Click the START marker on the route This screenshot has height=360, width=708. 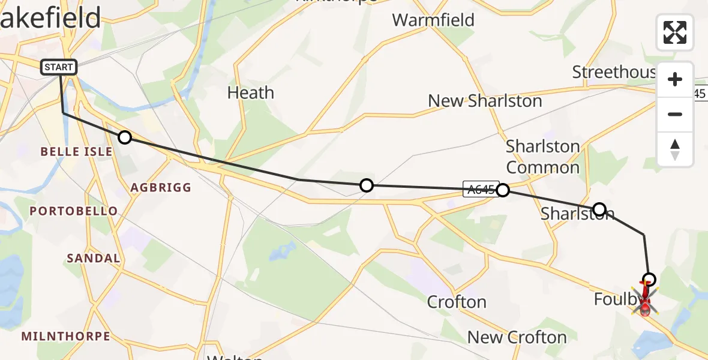pyautogui.click(x=59, y=67)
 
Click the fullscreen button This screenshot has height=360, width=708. pyautogui.click(x=675, y=32)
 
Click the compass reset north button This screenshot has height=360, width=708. pyautogui.click(x=675, y=149)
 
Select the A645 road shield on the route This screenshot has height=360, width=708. pyautogui.click(x=479, y=190)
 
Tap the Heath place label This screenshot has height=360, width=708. pyautogui.click(x=251, y=93)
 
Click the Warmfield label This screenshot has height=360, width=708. pyautogui.click(x=433, y=20)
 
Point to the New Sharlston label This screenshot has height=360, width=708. pyautogui.click(x=485, y=101)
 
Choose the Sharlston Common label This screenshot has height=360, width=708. pyautogui.click(x=542, y=157)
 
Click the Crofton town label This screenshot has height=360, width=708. pyautogui.click(x=457, y=301)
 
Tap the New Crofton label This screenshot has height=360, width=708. pyautogui.click(x=517, y=337)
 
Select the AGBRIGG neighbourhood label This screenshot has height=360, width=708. pyautogui.click(x=161, y=188)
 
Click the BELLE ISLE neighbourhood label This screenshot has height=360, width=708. pyautogui.click(x=76, y=152)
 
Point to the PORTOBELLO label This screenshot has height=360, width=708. pyautogui.click(x=74, y=211)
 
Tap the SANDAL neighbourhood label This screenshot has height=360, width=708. pyautogui.click(x=93, y=259)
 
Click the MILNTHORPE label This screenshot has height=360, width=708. pyautogui.click(x=66, y=336)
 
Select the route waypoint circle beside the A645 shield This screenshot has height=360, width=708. pyautogui.click(x=503, y=190)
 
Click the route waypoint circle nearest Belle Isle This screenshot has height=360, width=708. pyautogui.click(x=124, y=137)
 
